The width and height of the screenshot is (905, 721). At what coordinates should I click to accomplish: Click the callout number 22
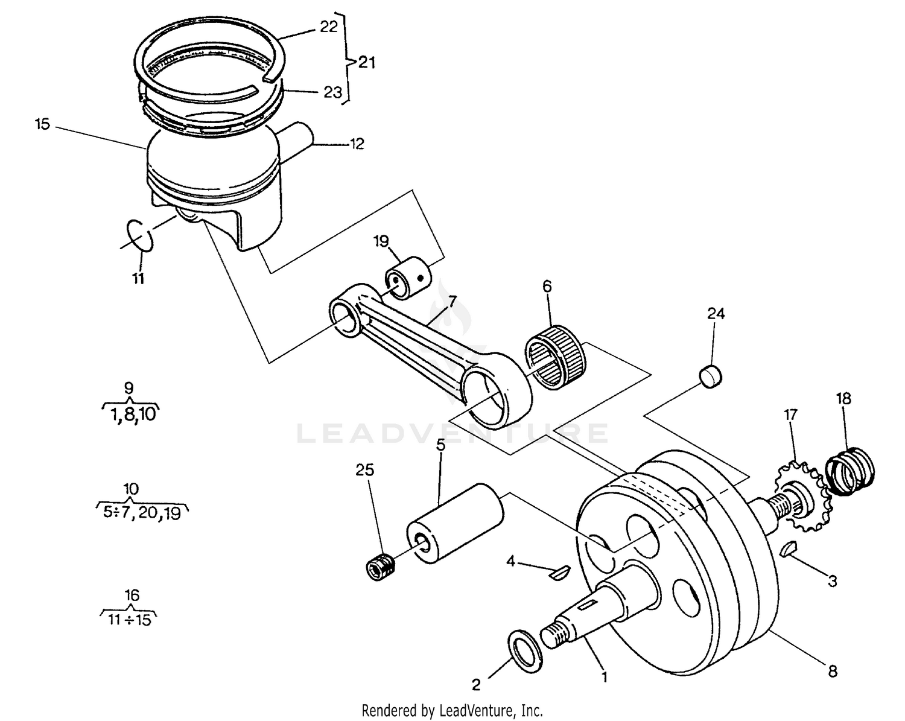coord(329,27)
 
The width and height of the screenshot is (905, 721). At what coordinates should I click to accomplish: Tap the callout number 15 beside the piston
coord(42,125)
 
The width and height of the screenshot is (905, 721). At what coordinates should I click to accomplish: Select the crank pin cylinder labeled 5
coord(456,523)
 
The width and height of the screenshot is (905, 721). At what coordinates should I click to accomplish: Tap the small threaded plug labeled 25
coord(381,567)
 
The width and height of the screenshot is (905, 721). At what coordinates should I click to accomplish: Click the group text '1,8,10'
coord(132,415)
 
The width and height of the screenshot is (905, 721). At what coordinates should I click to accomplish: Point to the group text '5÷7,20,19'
coord(142,514)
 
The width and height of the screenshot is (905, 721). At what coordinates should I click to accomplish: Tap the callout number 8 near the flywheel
coord(833,671)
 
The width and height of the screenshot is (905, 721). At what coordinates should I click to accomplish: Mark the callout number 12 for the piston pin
coord(357,144)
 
